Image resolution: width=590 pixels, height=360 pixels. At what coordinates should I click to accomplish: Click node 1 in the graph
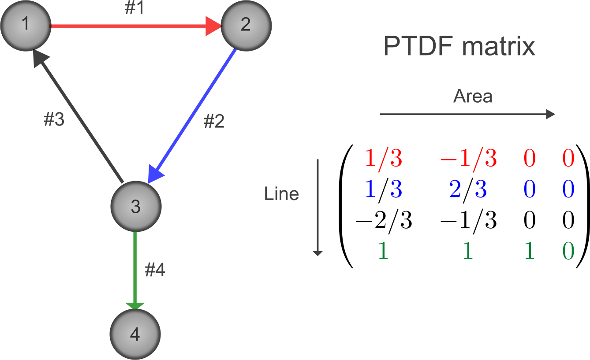[x=26, y=26]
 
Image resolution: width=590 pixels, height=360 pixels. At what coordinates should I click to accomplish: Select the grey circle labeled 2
[x=246, y=26]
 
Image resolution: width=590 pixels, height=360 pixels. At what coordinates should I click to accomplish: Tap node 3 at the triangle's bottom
[x=136, y=207]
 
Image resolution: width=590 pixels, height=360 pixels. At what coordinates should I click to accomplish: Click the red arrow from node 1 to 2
[x=132, y=26]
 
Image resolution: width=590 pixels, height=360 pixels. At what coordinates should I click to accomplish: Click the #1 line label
[x=134, y=8]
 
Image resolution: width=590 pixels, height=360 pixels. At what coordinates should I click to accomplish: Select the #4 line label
[x=155, y=271]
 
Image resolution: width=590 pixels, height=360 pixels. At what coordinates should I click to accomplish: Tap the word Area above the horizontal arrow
[x=473, y=96]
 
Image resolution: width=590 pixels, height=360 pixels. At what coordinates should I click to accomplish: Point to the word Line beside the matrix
[x=281, y=194]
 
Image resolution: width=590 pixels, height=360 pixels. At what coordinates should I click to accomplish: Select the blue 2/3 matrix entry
[x=468, y=190]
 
